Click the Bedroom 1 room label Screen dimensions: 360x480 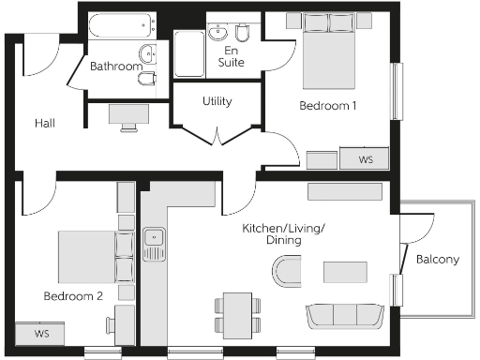(327, 106)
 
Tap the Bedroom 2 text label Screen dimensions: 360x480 (72, 295)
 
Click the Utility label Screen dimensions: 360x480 (217, 101)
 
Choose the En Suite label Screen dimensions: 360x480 (231, 56)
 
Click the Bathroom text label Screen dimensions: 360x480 (116, 67)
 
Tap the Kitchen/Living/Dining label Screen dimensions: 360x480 (272, 234)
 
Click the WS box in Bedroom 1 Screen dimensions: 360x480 (366, 159)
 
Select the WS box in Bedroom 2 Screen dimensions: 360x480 (41, 334)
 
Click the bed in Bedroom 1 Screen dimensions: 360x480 (329, 53)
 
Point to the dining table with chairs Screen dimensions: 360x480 (236, 308)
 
